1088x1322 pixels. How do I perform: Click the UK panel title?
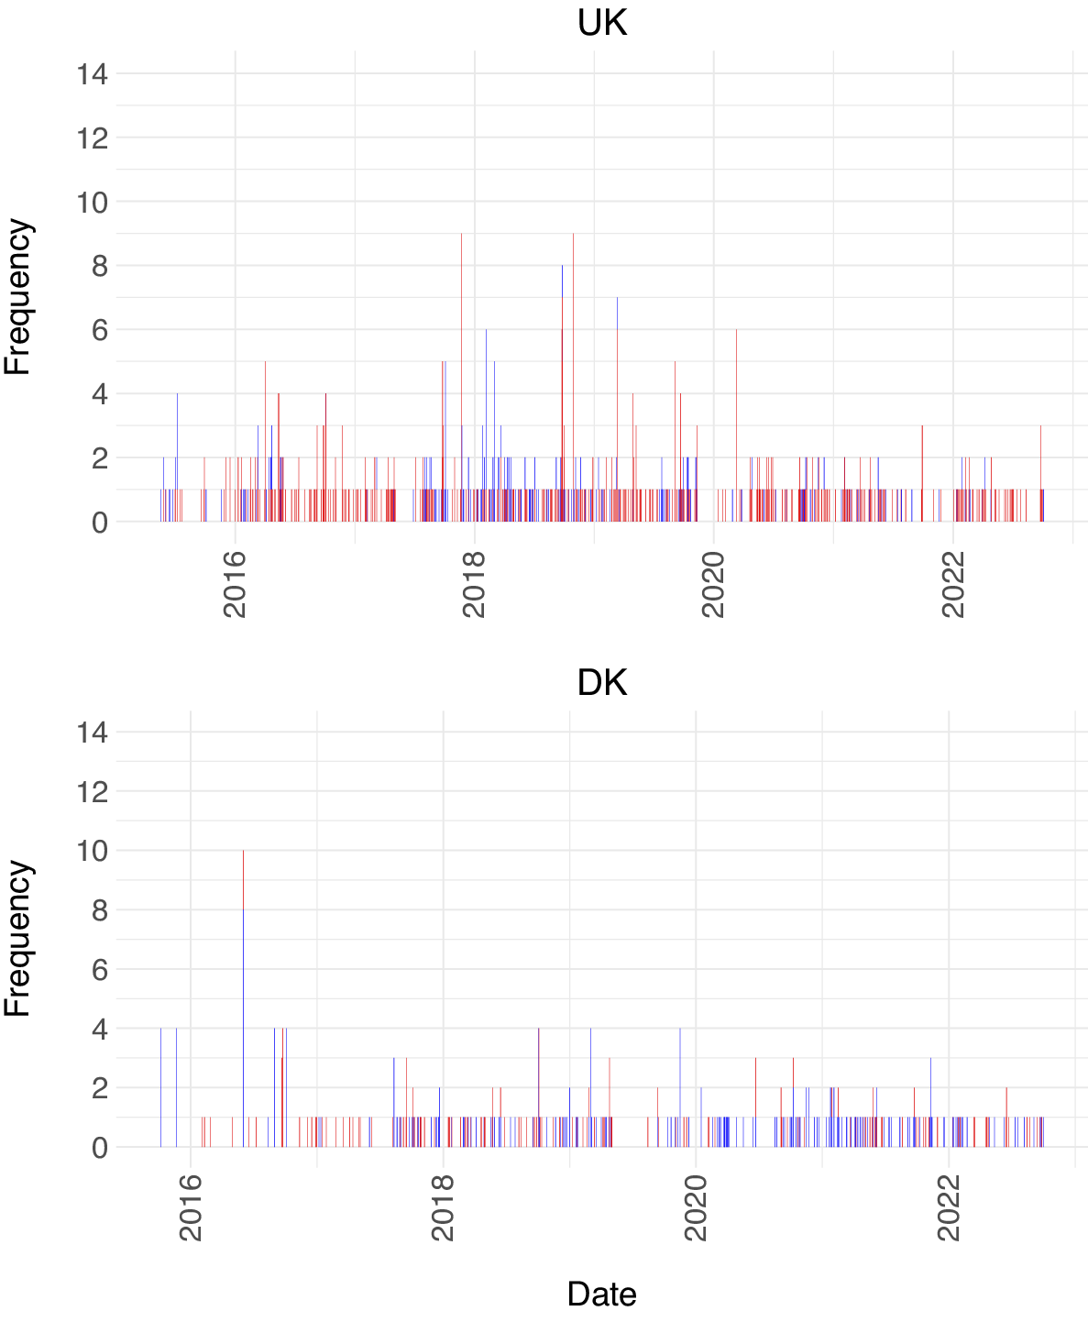pos(601,24)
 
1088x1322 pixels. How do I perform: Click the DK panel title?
pos(601,683)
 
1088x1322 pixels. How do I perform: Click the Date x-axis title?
pos(601,1294)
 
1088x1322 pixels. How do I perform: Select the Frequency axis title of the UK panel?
pos(18,297)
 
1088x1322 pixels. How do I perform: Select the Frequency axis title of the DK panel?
pos(18,939)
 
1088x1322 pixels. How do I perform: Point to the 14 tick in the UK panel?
pos(92,74)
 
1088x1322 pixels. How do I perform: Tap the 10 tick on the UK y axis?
pos(92,203)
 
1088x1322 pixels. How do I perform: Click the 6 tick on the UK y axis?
pos(99,330)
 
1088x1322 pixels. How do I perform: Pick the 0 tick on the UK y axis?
pos(99,523)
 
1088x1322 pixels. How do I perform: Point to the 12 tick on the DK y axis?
pos(92,791)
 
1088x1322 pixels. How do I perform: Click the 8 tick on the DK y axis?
pos(99,910)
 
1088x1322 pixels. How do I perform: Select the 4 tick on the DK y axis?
pos(99,1030)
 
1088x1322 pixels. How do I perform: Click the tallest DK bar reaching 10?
pos(243,999)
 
